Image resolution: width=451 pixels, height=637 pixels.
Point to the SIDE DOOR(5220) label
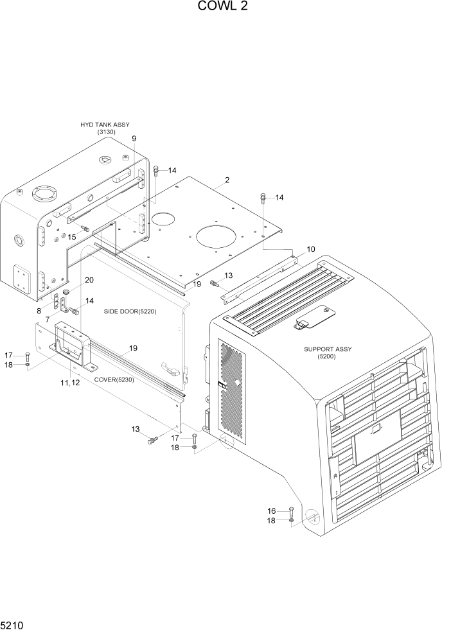click(130, 311)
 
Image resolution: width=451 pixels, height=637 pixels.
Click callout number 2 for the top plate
click(227, 180)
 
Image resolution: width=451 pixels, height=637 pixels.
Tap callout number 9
click(134, 139)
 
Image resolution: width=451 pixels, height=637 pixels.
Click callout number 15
click(72, 237)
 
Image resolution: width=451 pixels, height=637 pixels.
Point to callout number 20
click(89, 280)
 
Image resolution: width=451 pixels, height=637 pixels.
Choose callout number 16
click(272, 510)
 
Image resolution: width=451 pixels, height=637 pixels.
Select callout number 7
click(48, 319)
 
